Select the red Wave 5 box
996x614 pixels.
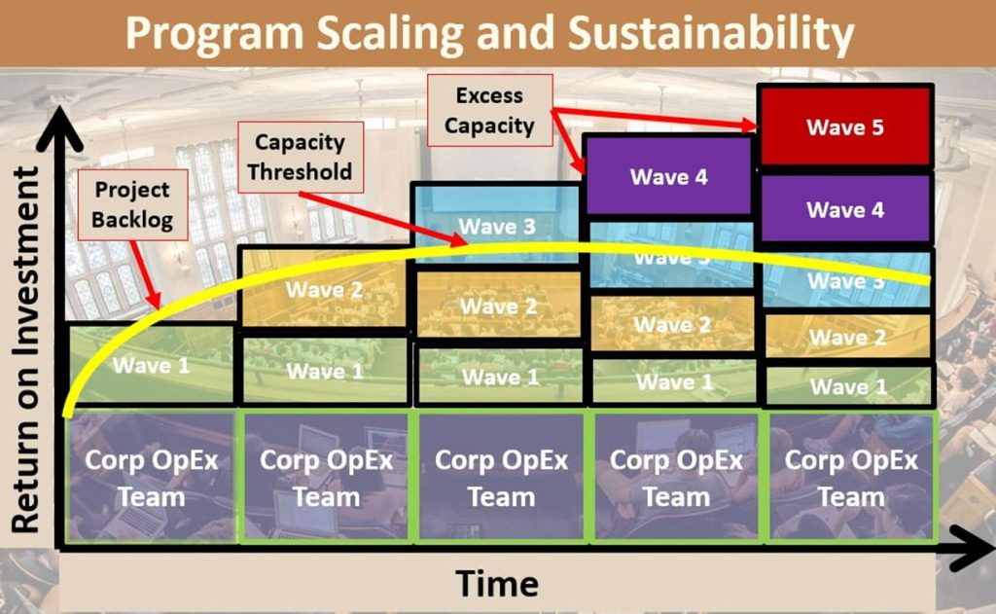coord(845,126)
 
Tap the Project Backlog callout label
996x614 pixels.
coord(132,205)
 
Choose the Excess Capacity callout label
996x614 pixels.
coord(489,110)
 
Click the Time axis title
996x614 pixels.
coord(497,584)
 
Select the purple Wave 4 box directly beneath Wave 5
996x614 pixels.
coord(845,209)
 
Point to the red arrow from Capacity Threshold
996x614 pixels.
coord(370,219)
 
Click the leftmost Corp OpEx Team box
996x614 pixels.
coord(151,477)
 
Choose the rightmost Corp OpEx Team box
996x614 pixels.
coord(851,477)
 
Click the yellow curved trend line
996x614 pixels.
coord(584,250)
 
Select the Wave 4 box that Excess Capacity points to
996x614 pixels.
coord(668,176)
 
